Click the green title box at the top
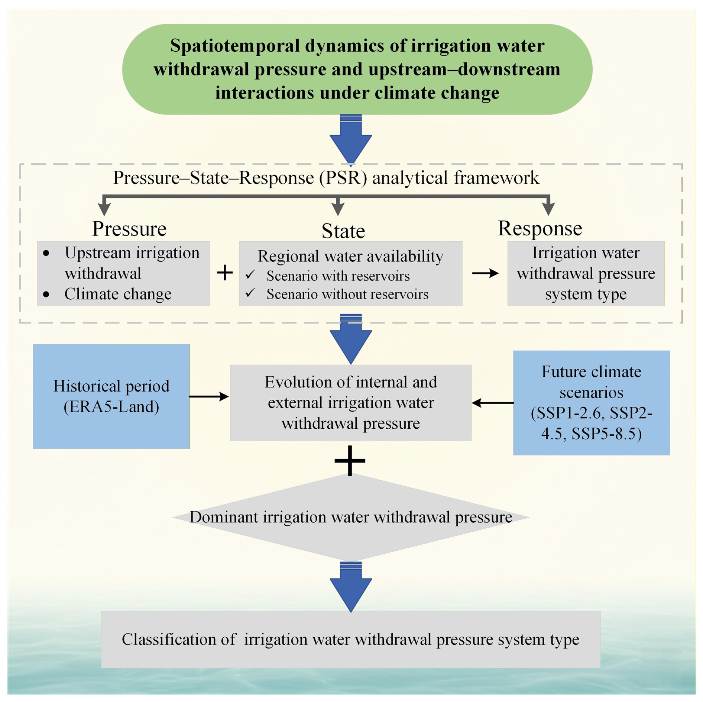point(357,69)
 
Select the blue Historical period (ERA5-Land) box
point(111,396)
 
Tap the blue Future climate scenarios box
point(591,402)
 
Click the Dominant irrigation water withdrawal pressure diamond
point(351,517)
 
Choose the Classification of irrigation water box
point(351,639)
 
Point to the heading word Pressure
point(129,228)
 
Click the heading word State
point(343,231)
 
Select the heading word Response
point(540,228)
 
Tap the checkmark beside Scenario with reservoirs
point(250,274)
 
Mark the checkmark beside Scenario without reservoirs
point(250,293)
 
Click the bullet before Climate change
point(46,294)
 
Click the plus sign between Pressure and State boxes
point(225,273)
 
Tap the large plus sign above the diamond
point(350,461)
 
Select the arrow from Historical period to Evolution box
point(209,396)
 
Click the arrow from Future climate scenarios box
point(492,403)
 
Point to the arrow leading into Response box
point(485,273)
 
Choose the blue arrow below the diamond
point(351,586)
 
